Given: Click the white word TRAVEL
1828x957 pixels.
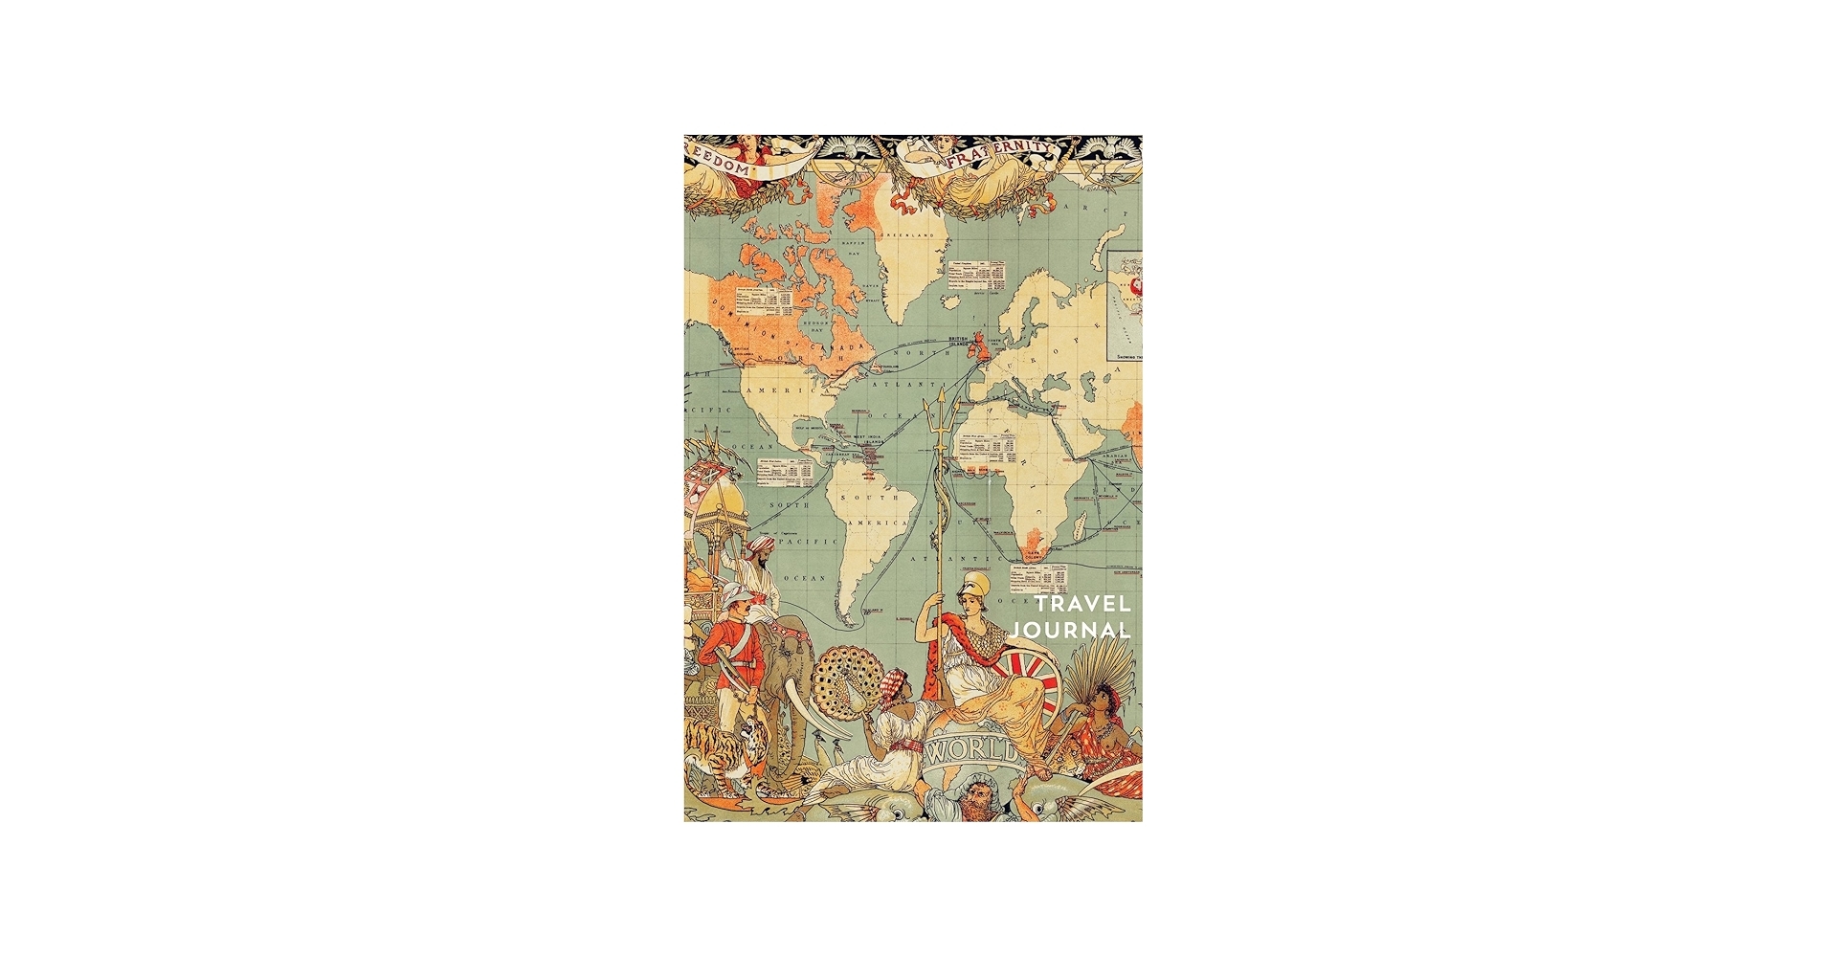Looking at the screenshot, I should [1082, 605].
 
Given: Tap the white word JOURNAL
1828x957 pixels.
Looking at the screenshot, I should [1071, 631].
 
